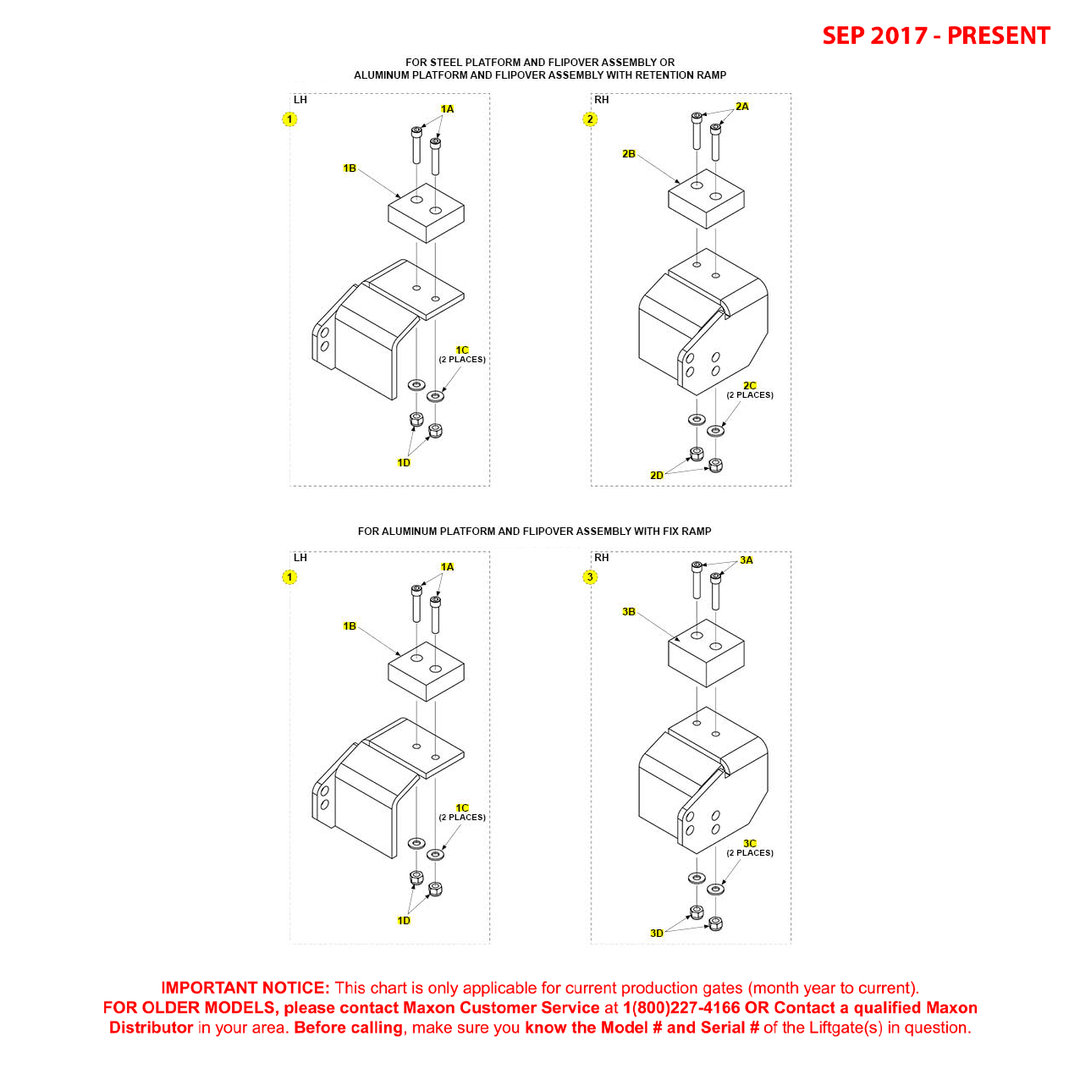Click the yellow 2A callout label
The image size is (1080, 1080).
741,107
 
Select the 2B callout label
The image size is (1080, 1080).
628,153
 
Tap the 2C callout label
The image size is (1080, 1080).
749,386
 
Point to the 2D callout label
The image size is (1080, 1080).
656,476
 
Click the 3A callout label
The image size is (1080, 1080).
746,560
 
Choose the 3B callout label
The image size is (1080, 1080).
628,611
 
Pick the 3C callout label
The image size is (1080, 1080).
749,844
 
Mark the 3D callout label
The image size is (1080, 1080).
656,934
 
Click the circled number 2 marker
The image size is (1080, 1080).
590,118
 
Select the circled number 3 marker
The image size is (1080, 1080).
590,576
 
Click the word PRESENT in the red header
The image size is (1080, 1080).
998,36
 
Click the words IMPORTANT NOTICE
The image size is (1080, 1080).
245,988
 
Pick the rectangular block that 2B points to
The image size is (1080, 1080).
706,198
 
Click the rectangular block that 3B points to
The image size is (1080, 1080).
706,653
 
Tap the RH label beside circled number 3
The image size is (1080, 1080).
602,558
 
